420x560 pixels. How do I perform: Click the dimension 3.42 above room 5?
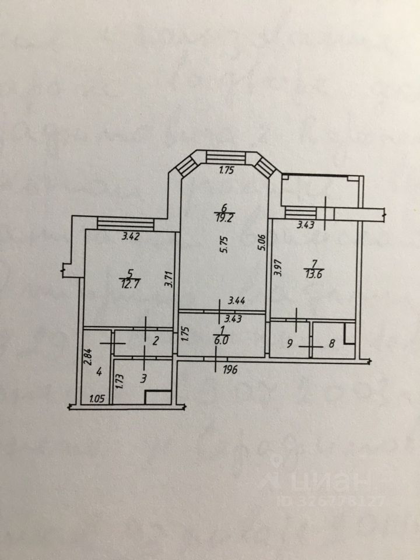(x=130, y=237)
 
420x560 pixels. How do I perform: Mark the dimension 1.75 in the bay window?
(x=226, y=170)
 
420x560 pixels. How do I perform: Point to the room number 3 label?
(x=144, y=379)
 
